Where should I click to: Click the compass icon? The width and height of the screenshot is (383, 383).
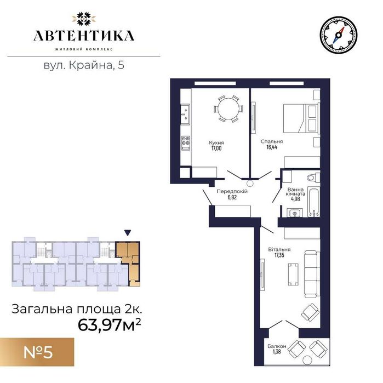pos(338,35)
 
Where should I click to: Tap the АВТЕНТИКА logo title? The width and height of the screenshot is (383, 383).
pos(84,36)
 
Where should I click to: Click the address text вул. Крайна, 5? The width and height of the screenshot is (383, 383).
pos(84,65)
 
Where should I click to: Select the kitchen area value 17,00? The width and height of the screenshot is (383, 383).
pos(216,148)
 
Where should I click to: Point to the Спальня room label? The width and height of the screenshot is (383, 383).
pos(272,141)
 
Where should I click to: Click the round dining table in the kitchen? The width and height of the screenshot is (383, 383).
pos(228,108)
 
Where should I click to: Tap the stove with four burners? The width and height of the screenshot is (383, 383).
pos(186,143)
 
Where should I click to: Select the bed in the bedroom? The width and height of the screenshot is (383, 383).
pos(301,118)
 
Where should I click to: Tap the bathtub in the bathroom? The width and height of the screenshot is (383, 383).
pos(313,202)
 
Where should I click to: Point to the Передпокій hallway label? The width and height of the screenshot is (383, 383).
pos(232,191)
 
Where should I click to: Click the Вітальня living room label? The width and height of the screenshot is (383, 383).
pos(279,249)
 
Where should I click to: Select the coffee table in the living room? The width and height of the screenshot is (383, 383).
pos(293,275)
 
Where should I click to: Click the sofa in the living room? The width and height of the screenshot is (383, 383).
pos(312,274)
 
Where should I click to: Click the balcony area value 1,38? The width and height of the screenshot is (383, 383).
pos(277,352)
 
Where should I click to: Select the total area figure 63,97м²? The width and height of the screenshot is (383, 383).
pos(110,325)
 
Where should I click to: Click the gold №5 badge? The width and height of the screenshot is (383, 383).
pos(37,352)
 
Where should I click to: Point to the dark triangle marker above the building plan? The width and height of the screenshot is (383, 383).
pos(128,233)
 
